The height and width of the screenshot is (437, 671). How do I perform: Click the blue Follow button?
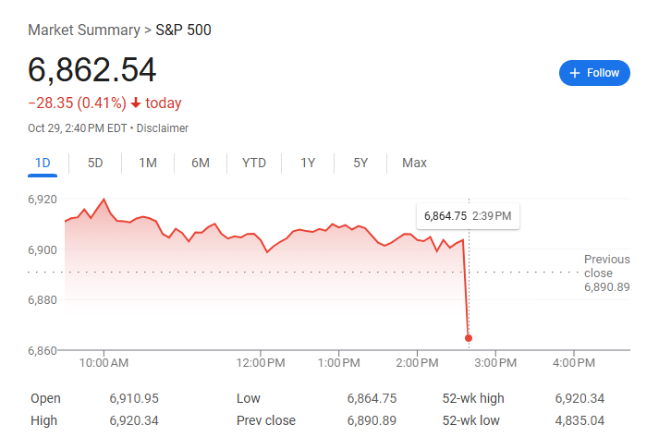(x=594, y=73)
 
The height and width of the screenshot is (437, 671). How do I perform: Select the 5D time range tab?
(x=95, y=164)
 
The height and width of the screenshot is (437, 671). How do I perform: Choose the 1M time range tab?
(x=148, y=164)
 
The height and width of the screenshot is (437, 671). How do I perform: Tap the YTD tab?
(x=254, y=164)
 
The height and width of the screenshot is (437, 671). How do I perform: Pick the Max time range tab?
(x=414, y=164)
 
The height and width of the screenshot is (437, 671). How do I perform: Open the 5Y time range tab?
(x=360, y=164)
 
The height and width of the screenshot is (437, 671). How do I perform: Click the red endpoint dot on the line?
(x=469, y=338)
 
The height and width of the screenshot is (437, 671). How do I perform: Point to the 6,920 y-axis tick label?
(x=43, y=200)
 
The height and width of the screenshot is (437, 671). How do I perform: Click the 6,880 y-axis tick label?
(x=43, y=300)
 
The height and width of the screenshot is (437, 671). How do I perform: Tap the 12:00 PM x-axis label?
(x=261, y=362)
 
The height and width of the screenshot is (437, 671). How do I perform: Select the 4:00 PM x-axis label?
(x=573, y=362)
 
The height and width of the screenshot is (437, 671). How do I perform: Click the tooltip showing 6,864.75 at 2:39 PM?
(x=467, y=216)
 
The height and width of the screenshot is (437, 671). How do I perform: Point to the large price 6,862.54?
(x=92, y=71)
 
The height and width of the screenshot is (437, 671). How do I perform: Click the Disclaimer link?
(x=163, y=128)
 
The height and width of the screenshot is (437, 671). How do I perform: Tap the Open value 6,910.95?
(x=134, y=398)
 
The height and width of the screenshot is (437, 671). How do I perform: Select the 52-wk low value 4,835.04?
(x=579, y=420)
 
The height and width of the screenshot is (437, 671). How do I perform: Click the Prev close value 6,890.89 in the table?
(x=372, y=420)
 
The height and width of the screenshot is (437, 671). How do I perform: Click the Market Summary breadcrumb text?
(x=83, y=30)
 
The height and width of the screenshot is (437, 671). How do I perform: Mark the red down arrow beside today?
(x=136, y=103)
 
